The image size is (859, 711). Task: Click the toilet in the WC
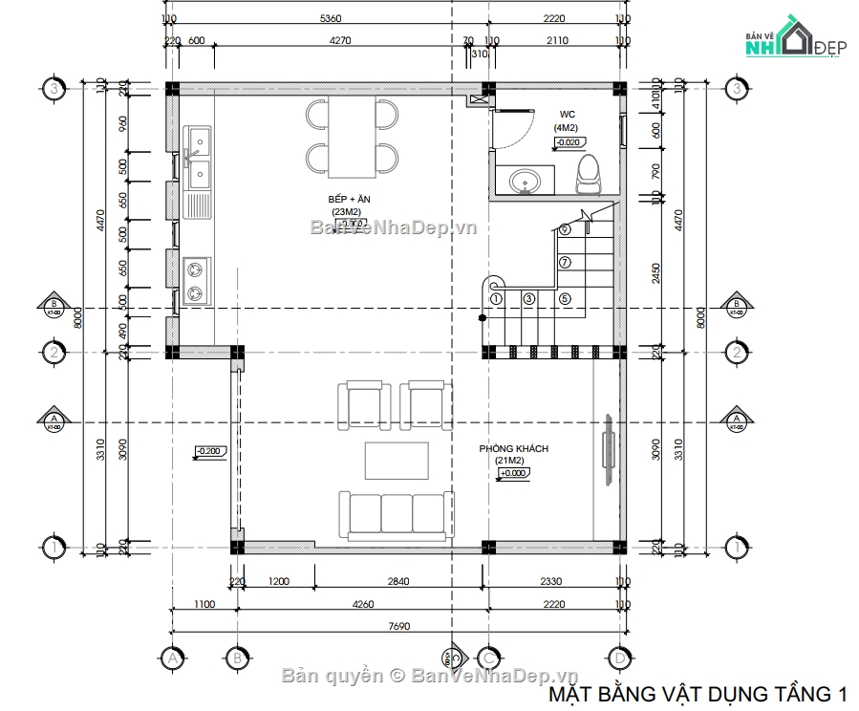(589, 173)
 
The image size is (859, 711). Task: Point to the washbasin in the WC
(524, 181)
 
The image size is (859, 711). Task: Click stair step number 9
(565, 229)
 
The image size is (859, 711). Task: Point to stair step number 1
(495, 298)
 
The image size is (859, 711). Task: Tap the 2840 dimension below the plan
(398, 581)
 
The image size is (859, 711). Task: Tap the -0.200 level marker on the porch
(208, 451)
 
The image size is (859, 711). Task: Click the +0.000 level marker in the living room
(513, 472)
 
